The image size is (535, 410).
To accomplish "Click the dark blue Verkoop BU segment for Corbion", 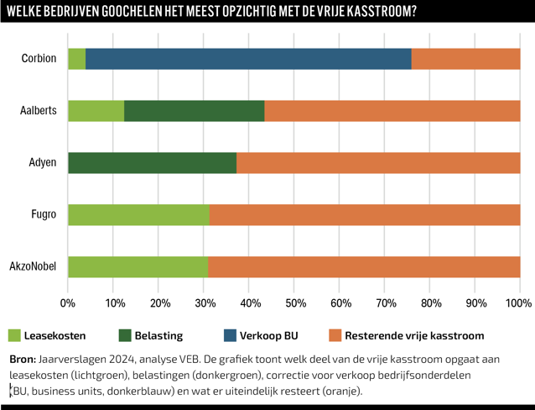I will coord(248,59).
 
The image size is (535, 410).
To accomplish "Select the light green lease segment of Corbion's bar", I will coord(76,59).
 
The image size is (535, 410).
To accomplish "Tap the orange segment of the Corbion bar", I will coord(465,59).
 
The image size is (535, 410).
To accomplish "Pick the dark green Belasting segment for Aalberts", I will coord(194,111).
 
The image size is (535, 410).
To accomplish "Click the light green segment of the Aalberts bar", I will coord(96,111).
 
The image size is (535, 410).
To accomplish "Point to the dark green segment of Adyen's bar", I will coord(152,163).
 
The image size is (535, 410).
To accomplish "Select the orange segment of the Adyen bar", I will coord(378,163).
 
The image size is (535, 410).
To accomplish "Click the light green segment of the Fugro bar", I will coord(138,215).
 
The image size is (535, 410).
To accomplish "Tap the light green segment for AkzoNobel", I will coord(138,267).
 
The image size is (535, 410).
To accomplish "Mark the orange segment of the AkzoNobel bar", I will coord(364,267).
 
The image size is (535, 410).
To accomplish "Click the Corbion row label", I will coord(39,59).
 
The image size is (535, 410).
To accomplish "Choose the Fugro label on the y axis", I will coord(43,215).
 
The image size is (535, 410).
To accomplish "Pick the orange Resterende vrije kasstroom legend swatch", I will coord(335,335).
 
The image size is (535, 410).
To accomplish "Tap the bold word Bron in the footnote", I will coord(22,359).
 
